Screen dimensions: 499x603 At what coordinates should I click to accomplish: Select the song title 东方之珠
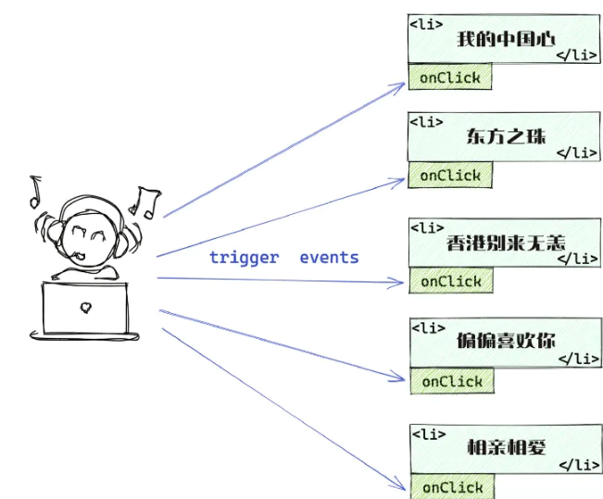tap(506, 136)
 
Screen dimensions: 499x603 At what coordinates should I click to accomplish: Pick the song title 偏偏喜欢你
tap(507, 340)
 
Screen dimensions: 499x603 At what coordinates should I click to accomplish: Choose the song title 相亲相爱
tap(506, 447)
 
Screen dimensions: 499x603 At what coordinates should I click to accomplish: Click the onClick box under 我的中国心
tap(450, 78)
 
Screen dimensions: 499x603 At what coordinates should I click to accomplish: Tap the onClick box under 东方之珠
tap(450, 175)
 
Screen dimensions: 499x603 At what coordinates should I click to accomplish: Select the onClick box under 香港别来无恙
tap(451, 281)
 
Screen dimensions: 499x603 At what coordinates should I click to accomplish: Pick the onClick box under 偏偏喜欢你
tap(452, 380)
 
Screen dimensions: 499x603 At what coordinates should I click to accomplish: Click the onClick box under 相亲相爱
tap(452, 487)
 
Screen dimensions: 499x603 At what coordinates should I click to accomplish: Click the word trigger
tap(244, 257)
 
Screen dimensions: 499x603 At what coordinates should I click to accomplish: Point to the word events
tap(329, 257)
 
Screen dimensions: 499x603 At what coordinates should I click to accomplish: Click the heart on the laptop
tap(85, 306)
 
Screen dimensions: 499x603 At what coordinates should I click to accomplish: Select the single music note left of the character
tap(35, 190)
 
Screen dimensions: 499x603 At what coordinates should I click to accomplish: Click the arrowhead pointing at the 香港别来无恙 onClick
tap(401, 279)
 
